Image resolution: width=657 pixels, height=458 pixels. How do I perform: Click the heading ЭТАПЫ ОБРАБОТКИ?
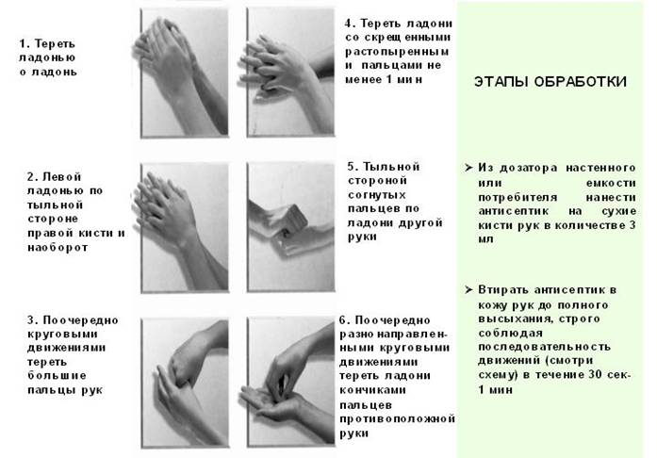coord(550,82)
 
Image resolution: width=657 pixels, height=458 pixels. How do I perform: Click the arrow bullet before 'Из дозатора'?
coord(468,167)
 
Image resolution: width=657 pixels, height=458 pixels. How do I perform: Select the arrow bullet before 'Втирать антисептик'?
coord(468,287)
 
